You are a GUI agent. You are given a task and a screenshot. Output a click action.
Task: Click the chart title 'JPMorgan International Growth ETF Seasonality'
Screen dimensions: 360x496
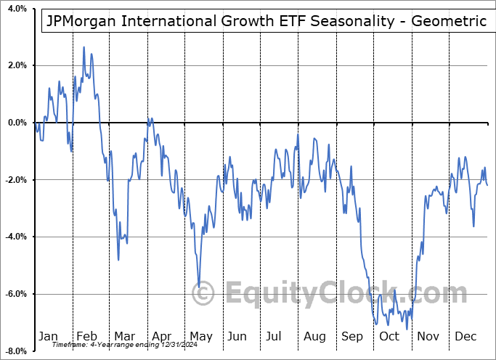265,21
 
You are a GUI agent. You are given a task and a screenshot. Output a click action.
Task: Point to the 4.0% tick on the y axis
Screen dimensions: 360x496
15,9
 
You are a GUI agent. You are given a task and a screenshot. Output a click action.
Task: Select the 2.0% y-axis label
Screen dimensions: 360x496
15,65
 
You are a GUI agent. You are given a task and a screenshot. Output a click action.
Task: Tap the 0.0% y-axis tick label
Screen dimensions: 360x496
15,123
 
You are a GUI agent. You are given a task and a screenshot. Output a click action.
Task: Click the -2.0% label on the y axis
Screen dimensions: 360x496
13,180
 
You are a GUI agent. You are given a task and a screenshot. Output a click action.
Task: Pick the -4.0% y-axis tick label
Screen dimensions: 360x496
13,237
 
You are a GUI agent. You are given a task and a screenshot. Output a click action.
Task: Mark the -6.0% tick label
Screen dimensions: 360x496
13,294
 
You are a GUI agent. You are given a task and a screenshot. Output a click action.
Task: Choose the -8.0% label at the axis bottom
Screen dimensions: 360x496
13,351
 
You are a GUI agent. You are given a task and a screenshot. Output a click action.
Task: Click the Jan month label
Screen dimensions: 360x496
48,336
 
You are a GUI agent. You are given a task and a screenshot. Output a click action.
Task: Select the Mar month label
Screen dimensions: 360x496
124,336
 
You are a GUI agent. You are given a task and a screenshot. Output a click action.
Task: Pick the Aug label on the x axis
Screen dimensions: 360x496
314,336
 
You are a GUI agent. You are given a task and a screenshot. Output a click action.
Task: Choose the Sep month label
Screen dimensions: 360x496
352,336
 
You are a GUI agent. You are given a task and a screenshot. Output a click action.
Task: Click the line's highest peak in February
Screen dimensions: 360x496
84,47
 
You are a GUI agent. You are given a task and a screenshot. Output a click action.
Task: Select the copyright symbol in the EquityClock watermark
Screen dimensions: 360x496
203,294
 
